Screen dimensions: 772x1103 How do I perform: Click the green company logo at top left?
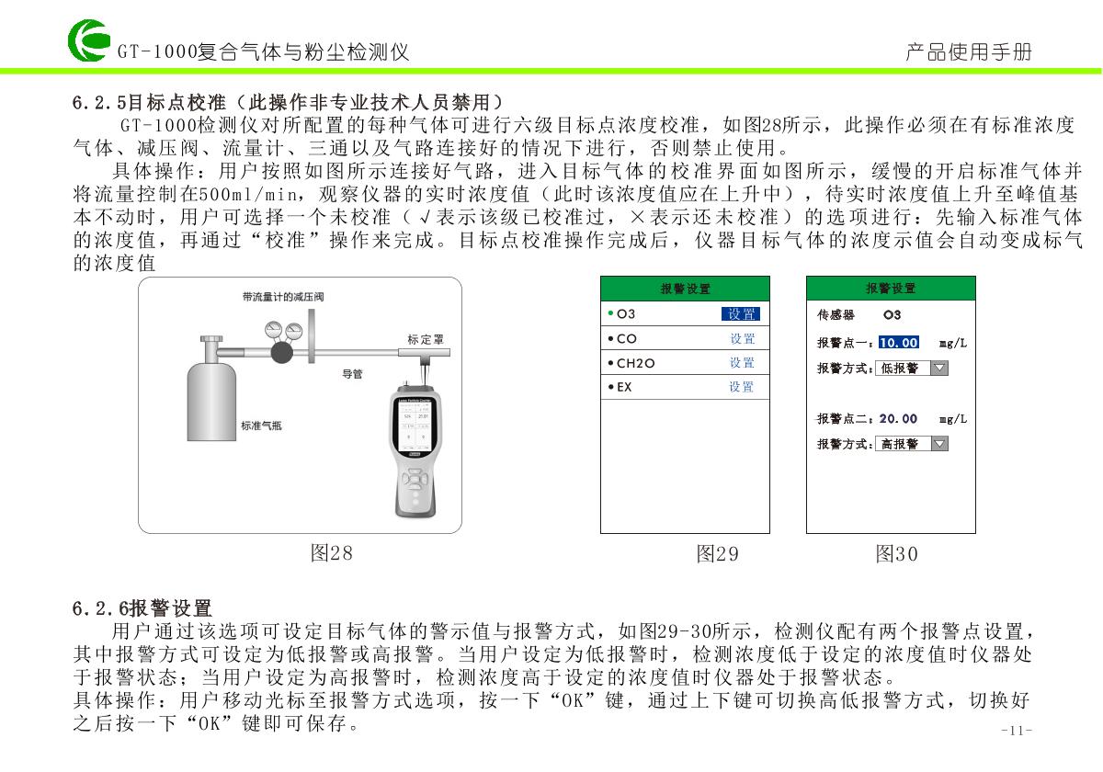[86, 42]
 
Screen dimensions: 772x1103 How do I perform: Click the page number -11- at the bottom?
[1016, 731]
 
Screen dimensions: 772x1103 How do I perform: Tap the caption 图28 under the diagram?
[331, 553]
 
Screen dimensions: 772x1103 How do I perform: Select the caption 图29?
[717, 554]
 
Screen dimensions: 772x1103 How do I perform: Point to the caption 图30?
[896, 554]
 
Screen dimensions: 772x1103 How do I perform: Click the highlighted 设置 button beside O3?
[741, 314]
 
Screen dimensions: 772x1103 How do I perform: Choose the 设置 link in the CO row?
[742, 339]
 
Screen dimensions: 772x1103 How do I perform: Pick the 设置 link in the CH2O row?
[742, 363]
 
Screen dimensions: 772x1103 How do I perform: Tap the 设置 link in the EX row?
[742, 387]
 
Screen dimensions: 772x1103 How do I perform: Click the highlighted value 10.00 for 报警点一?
[898, 343]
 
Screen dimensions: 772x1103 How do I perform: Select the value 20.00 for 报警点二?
[898, 419]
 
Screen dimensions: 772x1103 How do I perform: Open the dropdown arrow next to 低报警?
[939, 369]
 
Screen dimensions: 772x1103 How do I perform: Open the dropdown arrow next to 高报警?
[939, 445]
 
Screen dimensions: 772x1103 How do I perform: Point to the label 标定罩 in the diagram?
[426, 340]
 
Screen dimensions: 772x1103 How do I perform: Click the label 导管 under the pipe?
[352, 374]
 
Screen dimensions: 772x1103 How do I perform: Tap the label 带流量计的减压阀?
[283, 297]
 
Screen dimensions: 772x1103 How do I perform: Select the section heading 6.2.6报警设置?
[142, 608]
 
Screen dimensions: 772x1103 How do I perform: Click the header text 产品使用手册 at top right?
[968, 51]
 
